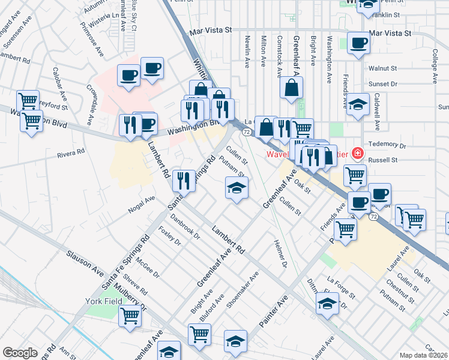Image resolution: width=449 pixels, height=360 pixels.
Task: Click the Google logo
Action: (20, 353)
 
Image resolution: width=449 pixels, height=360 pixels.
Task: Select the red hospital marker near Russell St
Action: (358, 154)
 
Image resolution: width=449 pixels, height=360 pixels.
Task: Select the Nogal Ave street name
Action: (142, 207)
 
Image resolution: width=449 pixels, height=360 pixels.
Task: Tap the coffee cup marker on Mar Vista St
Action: (359, 43)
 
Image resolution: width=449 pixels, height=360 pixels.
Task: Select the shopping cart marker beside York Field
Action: (130, 315)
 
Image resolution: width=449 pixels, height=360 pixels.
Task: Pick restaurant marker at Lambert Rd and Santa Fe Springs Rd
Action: (184, 180)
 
